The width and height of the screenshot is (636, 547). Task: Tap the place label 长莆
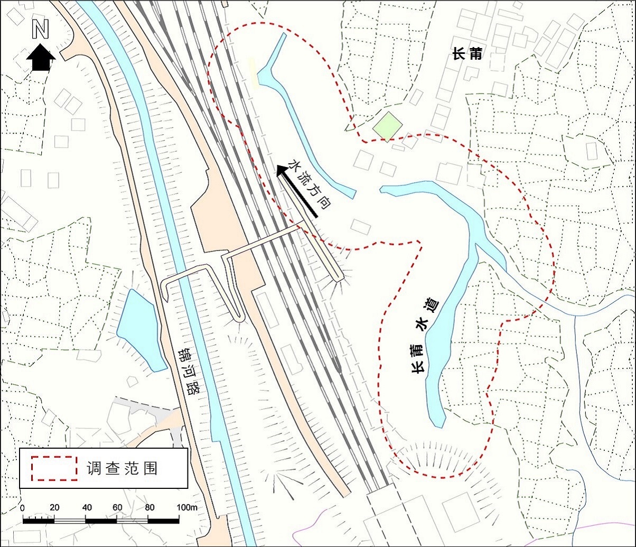tap(467, 53)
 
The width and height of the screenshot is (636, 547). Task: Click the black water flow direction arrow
tap(296, 190)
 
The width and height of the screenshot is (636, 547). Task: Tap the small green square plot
tap(387, 126)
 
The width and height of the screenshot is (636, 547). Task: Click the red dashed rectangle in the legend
tap(52, 468)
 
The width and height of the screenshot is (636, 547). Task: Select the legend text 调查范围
tap(121, 468)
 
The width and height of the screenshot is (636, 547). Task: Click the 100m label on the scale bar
tap(186, 508)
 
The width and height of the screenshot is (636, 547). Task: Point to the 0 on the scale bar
tap(22, 508)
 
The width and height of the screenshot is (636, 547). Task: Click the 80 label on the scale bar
tap(149, 508)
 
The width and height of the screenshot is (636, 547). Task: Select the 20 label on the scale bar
tap(54, 508)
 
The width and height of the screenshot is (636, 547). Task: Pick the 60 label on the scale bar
tap(117, 508)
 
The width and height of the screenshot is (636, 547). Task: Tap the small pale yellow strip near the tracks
tap(254, 73)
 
